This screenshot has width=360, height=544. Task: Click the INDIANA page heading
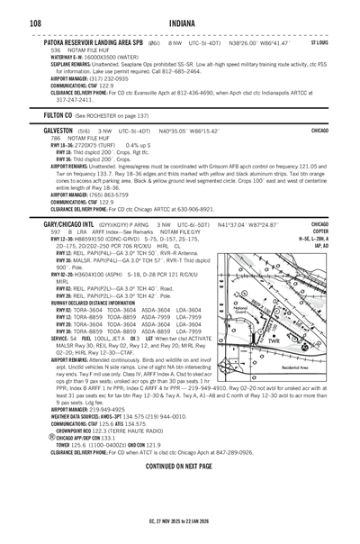coord(180,23)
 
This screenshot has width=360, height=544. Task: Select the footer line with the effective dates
coord(180,532)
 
